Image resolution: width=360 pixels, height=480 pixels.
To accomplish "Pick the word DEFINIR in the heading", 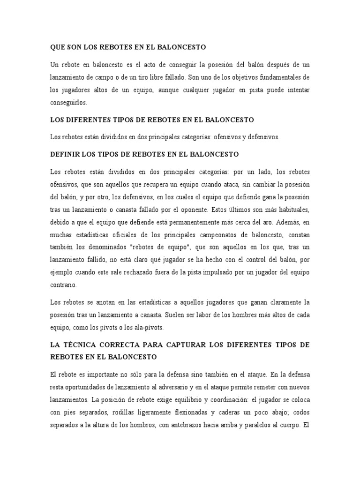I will (x=65, y=154).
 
